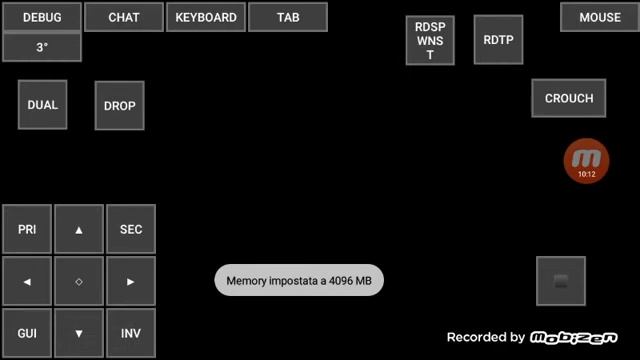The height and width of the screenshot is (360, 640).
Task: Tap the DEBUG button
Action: click(x=42, y=17)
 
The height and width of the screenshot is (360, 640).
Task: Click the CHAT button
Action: click(x=124, y=17)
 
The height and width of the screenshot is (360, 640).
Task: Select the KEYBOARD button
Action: click(x=206, y=17)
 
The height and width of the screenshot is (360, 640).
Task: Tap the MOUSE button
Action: click(x=600, y=17)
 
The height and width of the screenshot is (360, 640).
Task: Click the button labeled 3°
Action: click(x=42, y=47)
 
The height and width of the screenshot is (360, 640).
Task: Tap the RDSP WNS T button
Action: click(x=430, y=40)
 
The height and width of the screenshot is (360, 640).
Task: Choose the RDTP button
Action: click(x=498, y=40)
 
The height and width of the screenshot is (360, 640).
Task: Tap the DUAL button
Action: click(x=42, y=105)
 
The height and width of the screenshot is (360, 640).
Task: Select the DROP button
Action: click(x=120, y=106)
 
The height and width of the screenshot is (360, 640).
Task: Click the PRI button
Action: click(x=27, y=229)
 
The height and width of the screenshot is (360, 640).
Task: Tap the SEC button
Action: click(x=131, y=229)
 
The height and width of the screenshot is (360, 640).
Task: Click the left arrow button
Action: click(x=27, y=281)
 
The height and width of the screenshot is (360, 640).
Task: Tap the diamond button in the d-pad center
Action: click(x=79, y=281)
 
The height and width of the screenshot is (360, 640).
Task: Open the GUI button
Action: click(x=27, y=333)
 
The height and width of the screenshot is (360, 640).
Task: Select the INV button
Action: click(x=131, y=333)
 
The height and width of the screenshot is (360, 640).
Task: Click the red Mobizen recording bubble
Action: click(x=587, y=161)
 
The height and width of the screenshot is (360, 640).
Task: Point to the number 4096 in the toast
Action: click(x=341, y=281)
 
